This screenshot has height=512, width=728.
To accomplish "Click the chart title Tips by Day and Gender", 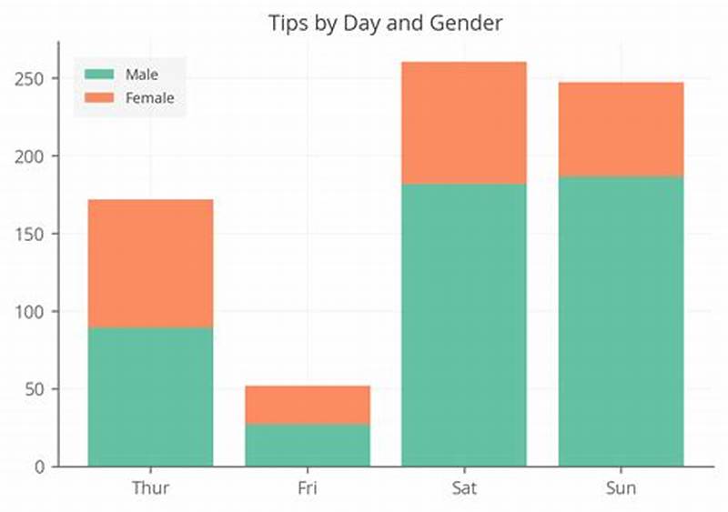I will [x=385, y=22].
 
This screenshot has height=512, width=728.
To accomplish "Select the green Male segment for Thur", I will [x=150, y=397].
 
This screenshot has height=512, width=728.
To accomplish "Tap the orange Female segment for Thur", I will [x=150, y=263].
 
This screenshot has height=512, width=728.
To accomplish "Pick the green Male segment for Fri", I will [x=308, y=445].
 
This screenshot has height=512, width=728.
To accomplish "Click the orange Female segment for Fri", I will [x=308, y=405].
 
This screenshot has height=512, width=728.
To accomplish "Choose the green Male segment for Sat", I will [x=464, y=325].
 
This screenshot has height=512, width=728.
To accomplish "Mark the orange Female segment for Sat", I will [x=464, y=123].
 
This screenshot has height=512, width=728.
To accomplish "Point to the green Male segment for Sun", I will [x=621, y=321].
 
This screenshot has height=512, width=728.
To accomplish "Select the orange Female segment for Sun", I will [x=621, y=129].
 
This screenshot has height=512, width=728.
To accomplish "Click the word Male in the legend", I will [x=141, y=75].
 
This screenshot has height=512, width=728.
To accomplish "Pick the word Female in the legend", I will [x=149, y=97].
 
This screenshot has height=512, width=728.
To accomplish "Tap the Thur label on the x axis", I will [x=150, y=488].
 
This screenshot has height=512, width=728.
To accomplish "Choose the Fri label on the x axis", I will [x=308, y=488].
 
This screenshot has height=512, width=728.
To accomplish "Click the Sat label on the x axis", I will [x=464, y=488].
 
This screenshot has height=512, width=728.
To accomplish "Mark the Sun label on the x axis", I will [x=621, y=488].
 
